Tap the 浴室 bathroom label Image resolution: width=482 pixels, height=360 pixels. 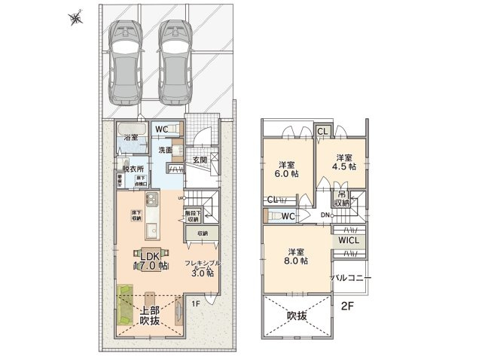click(x=130, y=139)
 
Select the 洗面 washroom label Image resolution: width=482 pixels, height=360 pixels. click(x=166, y=150)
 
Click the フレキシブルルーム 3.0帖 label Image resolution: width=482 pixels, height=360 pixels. click(x=201, y=268)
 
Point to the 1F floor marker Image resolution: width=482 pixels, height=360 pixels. click(x=195, y=304)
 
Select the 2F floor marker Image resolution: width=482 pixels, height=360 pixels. click(x=347, y=305)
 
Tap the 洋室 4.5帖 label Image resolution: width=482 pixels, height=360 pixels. click(x=344, y=163)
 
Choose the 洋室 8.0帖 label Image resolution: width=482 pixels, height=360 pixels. click(x=294, y=257)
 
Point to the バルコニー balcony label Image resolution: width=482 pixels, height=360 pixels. click(x=352, y=278)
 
